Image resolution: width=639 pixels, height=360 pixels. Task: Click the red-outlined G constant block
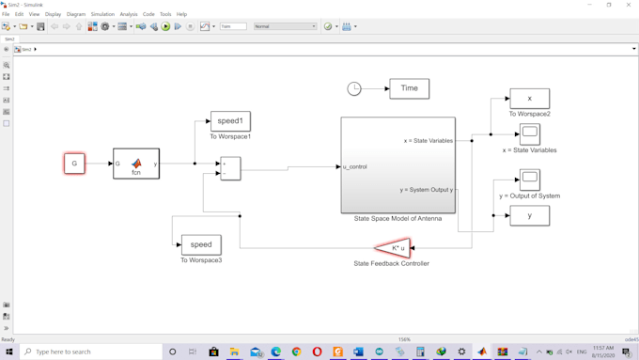[74, 164]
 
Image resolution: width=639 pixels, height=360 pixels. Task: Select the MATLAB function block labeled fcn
[136, 164]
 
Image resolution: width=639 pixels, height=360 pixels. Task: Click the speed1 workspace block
[230, 121]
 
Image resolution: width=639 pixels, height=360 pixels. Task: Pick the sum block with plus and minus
[230, 168]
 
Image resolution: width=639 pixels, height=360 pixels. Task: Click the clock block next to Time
[354, 88]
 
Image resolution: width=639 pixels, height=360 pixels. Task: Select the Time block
[409, 88]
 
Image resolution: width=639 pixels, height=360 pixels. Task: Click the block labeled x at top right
[529, 99]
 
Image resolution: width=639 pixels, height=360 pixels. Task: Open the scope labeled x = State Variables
[529, 134]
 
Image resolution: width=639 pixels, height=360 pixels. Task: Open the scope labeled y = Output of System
[529, 179]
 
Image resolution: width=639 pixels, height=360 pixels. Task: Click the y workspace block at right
[529, 216]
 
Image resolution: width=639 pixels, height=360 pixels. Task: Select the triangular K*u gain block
[394, 248]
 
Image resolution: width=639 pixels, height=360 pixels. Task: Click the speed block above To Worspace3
[201, 244]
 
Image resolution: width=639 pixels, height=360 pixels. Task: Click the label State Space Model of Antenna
[397, 219]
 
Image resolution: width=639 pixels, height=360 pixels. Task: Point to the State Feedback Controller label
[391, 264]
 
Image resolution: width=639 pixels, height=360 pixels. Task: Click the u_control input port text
[355, 167]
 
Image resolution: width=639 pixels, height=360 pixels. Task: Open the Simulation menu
[102, 14]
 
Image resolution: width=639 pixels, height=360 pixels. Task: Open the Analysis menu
[129, 14]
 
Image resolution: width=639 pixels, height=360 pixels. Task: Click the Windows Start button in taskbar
[9, 352]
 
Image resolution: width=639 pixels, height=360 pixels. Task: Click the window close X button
[629, 5]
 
